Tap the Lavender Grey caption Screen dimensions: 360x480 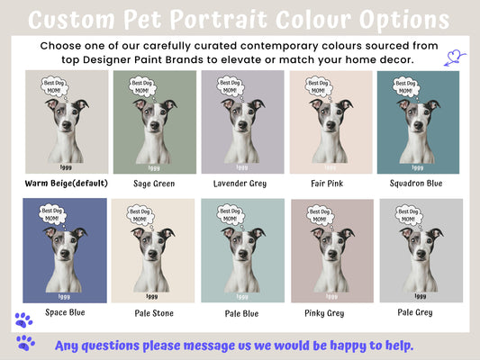click(239, 184)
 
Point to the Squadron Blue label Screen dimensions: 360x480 click(417, 184)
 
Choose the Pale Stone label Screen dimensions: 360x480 click(153, 313)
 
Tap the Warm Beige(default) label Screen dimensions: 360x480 click(66, 184)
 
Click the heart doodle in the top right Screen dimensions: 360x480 click(456, 60)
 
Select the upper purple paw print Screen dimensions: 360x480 click(23, 319)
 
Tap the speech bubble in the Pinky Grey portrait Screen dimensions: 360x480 click(317, 216)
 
